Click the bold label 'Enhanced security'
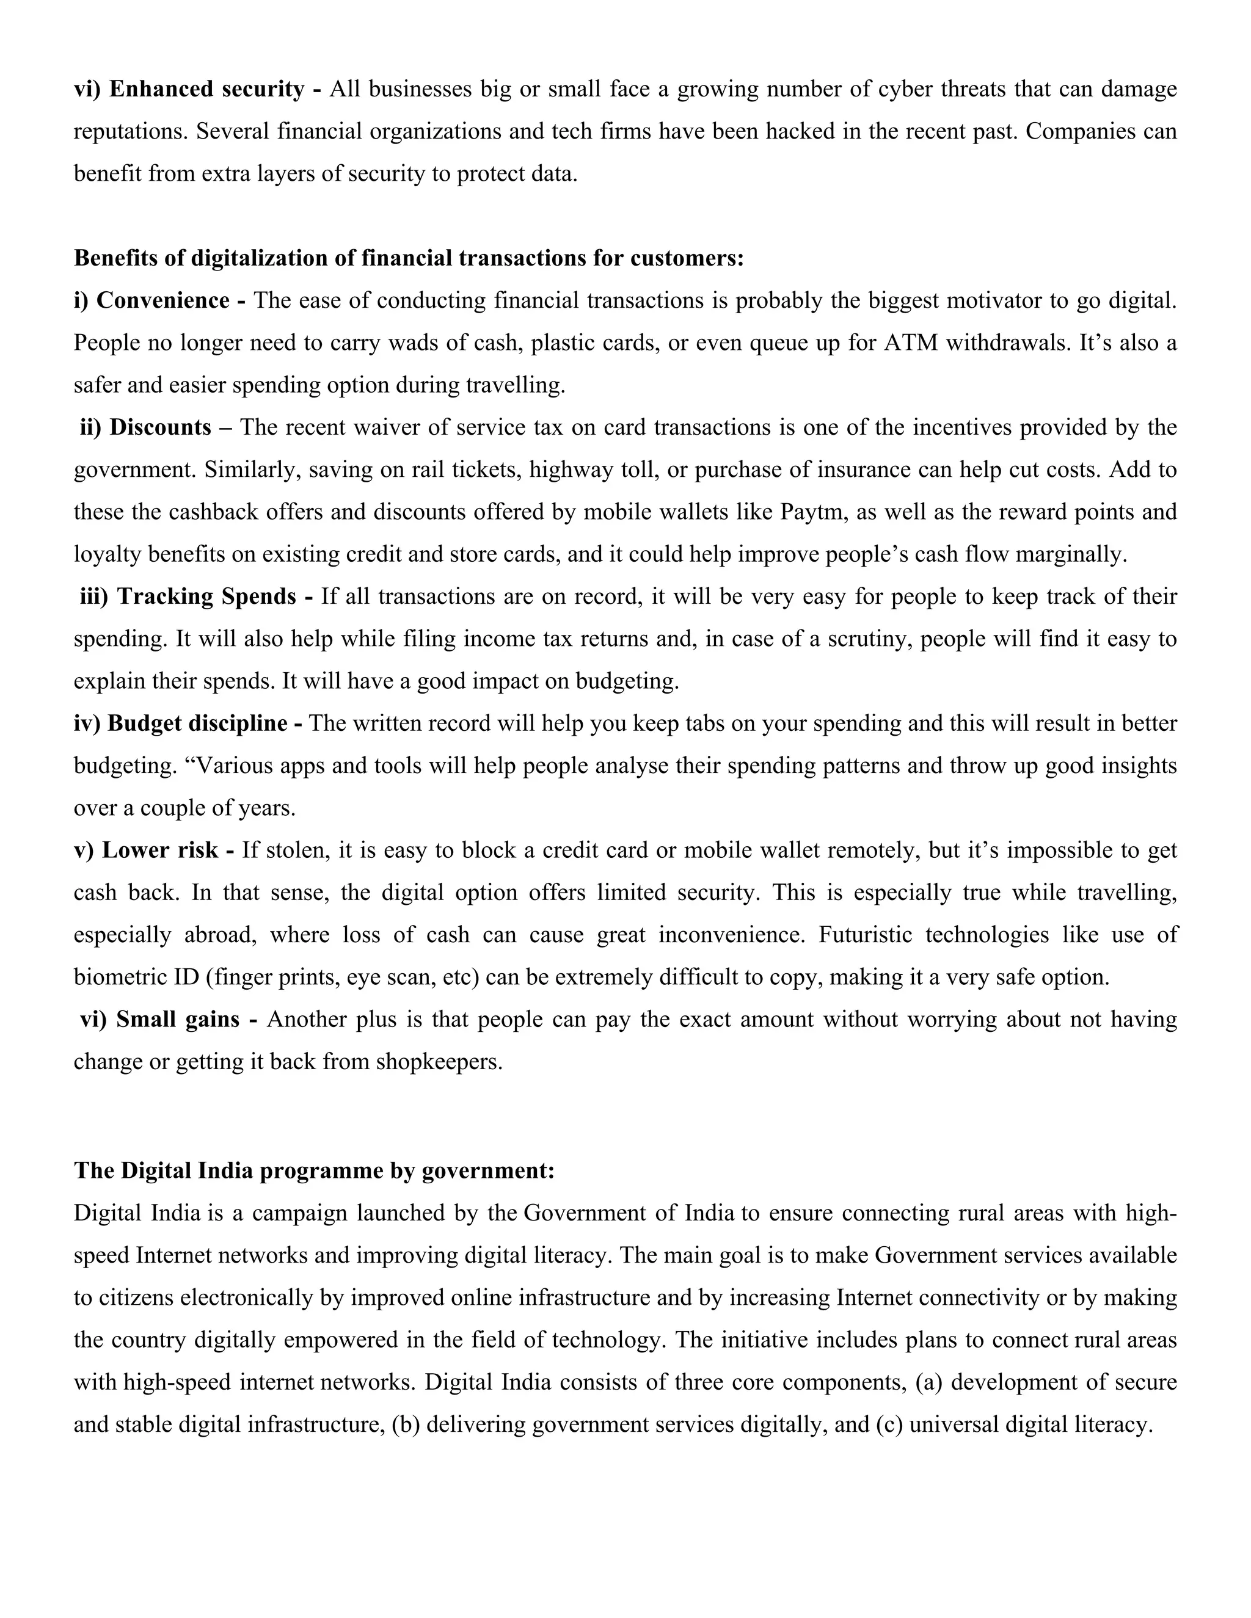pos(206,90)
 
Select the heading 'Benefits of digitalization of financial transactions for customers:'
pos(409,258)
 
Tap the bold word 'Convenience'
pos(163,301)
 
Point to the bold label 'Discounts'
pos(160,427)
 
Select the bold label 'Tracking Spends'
pos(206,597)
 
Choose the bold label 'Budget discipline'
pos(197,723)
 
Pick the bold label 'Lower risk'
pos(159,850)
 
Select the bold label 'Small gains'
pos(178,1020)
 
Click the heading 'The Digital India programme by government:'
pos(314,1171)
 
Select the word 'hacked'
pos(800,132)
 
